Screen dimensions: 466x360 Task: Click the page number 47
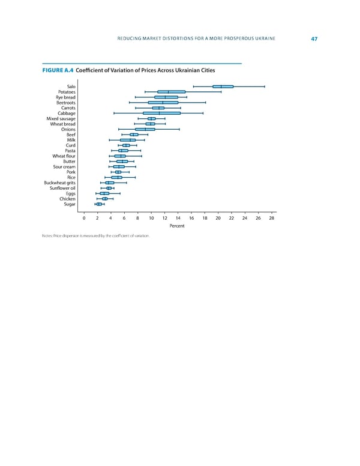tap(314, 40)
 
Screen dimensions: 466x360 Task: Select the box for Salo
tap(223, 86)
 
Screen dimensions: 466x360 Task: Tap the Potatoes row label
tap(65, 92)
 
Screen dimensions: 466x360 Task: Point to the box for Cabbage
tap(161, 113)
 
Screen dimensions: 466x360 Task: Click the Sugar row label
tap(69, 204)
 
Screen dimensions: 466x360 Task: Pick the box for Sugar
tap(99, 204)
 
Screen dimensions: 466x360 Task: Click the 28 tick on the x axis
tap(272, 219)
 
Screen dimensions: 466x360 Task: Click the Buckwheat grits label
tap(59, 183)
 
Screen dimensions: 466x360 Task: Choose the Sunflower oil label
tap(62, 188)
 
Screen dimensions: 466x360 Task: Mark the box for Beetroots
tap(163, 103)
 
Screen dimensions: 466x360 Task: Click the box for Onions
tap(145, 129)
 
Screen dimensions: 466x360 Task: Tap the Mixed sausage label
tap(61, 119)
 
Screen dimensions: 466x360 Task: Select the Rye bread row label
tap(65, 97)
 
